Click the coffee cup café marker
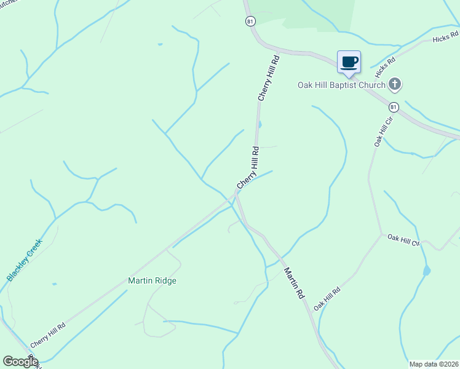tap(349, 62)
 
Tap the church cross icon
tap(395, 84)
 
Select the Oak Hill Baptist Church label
tap(341, 85)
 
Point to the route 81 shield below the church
tap(394, 106)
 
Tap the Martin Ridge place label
tap(152, 280)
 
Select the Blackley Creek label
tap(25, 260)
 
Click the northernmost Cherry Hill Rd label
tap(269, 78)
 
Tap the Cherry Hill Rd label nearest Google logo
tap(48, 336)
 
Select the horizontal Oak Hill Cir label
tap(403, 240)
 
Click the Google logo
tap(20, 362)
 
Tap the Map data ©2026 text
tap(434, 364)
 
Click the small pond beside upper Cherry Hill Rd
tap(260, 125)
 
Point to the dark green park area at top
tap(295, 14)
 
